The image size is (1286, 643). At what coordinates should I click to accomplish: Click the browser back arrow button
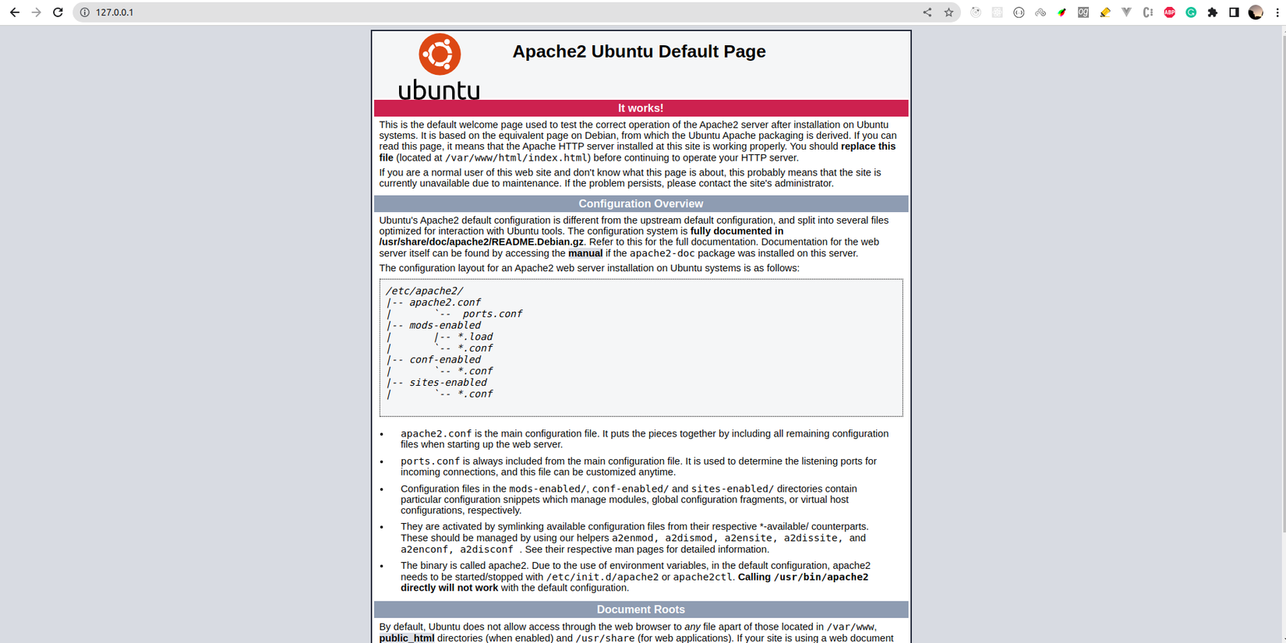tap(14, 12)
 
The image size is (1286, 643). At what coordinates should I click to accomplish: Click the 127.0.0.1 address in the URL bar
tap(115, 12)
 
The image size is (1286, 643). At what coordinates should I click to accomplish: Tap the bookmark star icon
tap(949, 12)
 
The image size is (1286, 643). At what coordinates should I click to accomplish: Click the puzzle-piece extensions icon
tap(1212, 12)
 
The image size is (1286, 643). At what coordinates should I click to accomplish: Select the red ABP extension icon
tap(1169, 12)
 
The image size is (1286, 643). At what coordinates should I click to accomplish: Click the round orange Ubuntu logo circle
tap(440, 54)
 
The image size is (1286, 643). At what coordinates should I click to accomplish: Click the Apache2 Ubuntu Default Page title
tap(638, 51)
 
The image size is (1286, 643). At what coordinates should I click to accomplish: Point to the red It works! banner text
tap(640, 108)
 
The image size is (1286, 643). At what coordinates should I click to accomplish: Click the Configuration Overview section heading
tap(640, 204)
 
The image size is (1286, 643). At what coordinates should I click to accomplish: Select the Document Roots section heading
tap(640, 609)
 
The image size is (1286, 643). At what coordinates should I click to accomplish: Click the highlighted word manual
tap(585, 253)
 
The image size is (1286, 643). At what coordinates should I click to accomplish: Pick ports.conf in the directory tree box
tap(492, 314)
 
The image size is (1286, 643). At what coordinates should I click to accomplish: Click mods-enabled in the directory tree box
tap(445, 326)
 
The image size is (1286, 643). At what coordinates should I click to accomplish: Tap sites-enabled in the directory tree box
tap(447, 383)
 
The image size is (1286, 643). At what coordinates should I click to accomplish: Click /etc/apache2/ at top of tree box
tap(424, 291)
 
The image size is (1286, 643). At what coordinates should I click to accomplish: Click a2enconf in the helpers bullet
tap(424, 549)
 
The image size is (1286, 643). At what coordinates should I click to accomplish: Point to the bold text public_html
tap(406, 638)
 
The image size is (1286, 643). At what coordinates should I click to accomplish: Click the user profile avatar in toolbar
tap(1255, 12)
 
